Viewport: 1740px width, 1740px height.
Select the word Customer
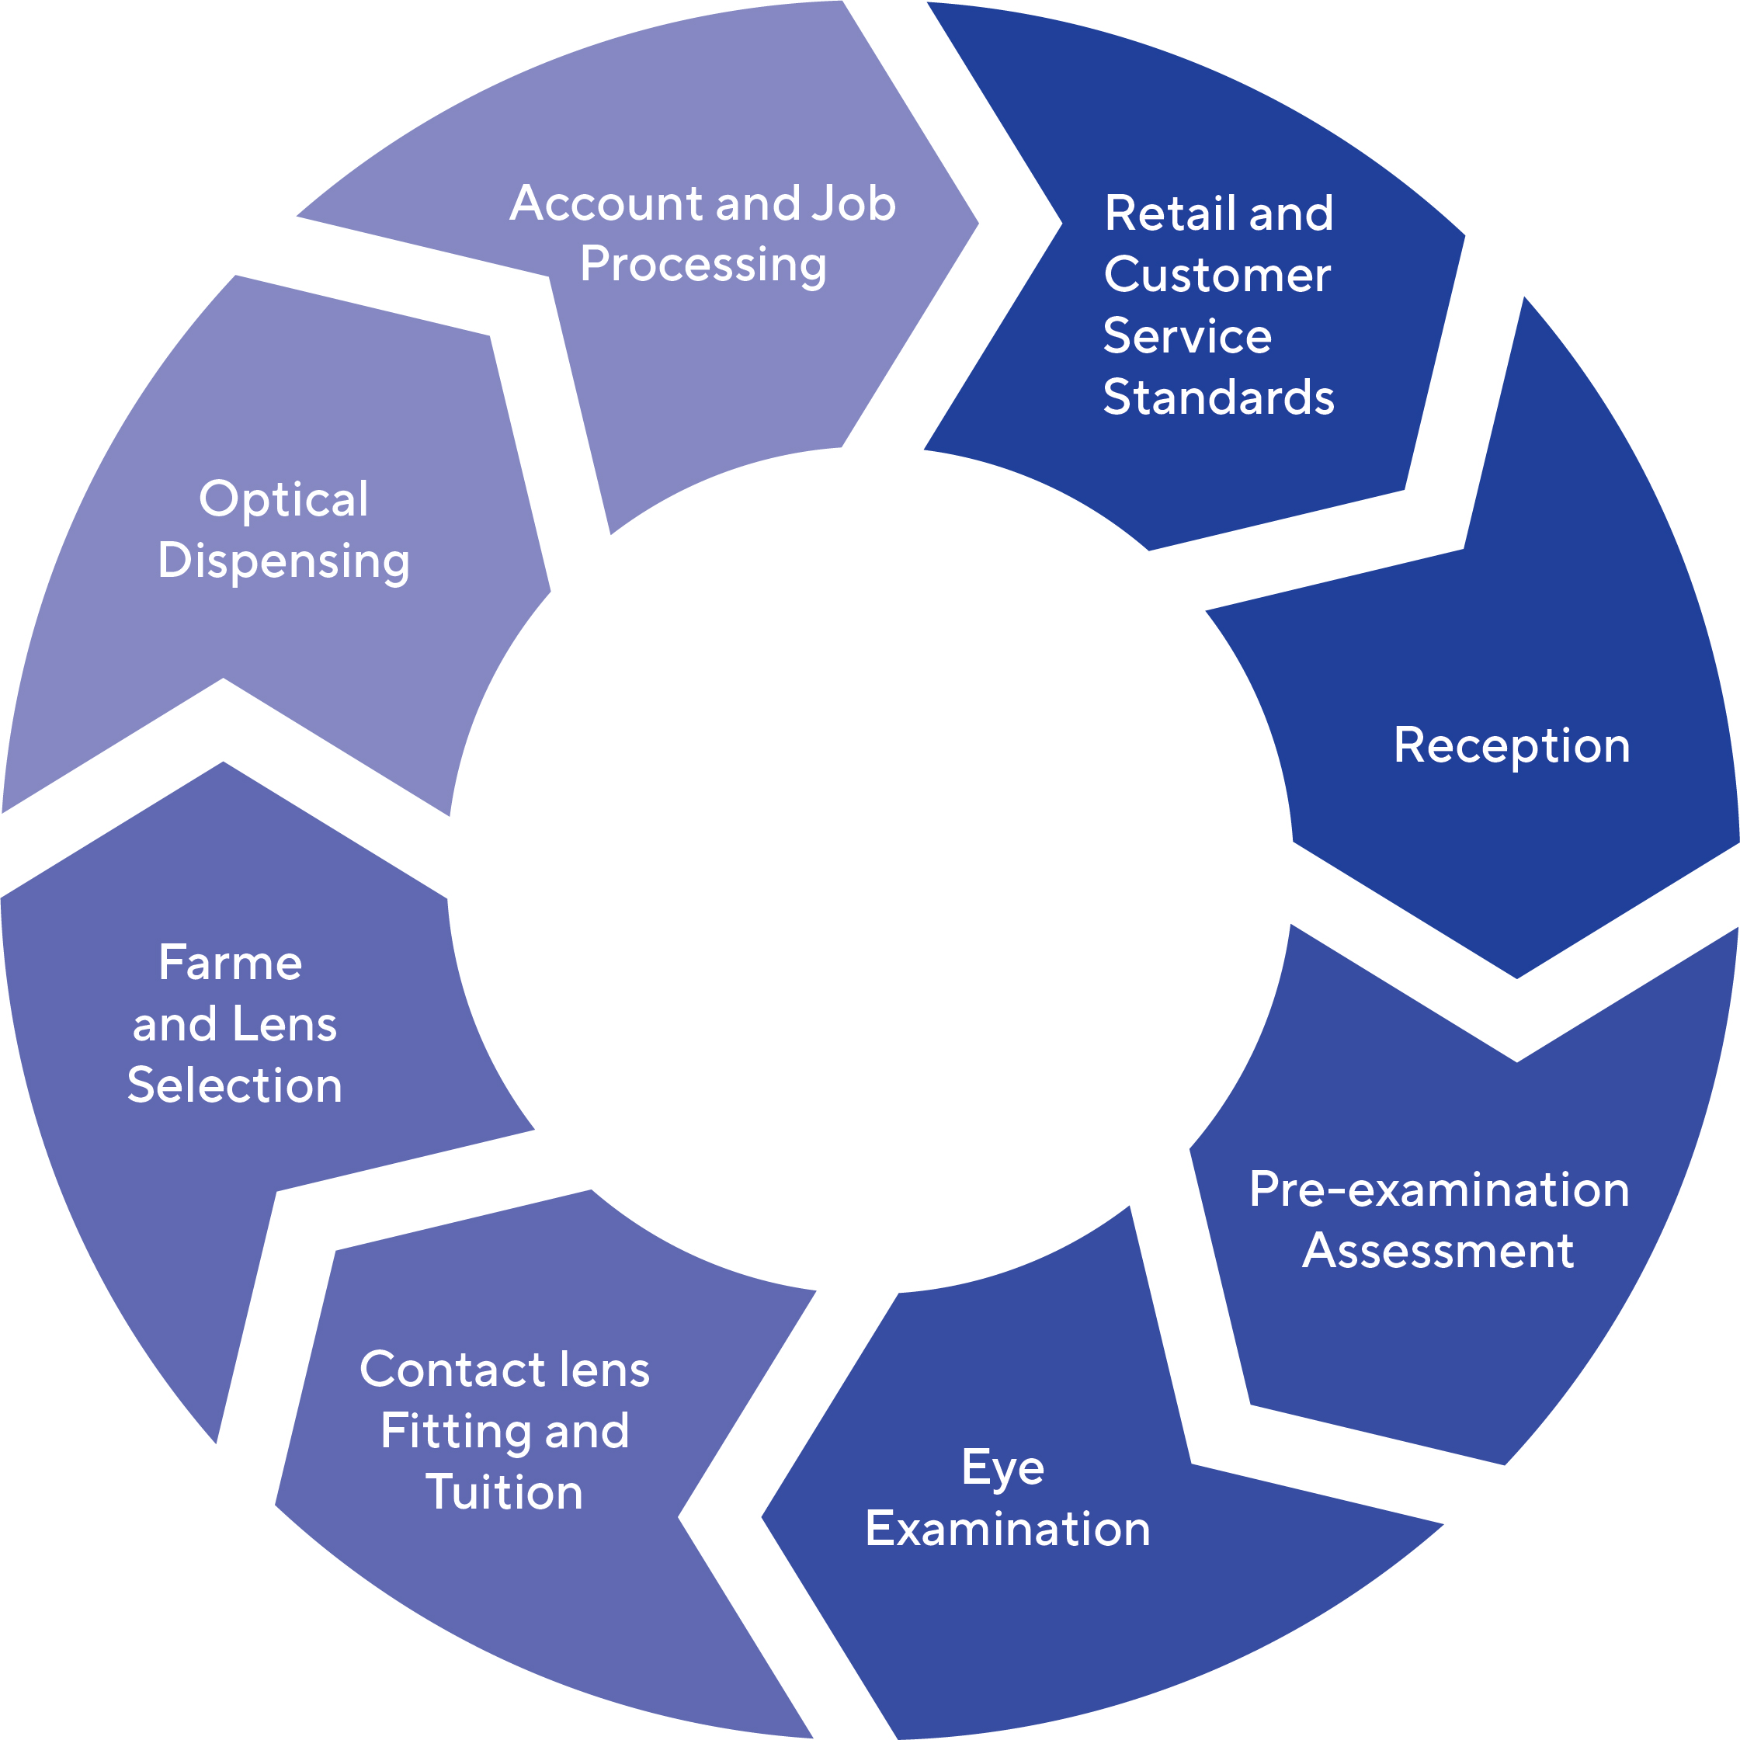click(x=1217, y=275)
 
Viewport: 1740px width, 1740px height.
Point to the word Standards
click(x=1218, y=398)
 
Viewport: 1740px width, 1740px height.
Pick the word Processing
click(x=703, y=265)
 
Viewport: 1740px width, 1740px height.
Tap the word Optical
click(x=283, y=499)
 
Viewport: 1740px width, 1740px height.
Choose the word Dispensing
click(x=283, y=562)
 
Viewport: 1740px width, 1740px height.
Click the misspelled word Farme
click(x=231, y=963)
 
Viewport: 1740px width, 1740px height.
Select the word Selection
click(x=235, y=1085)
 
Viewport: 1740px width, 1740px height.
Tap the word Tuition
click(x=505, y=1492)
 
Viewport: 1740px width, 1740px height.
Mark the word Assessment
click(x=1438, y=1251)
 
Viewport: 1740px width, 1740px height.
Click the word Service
click(x=1187, y=336)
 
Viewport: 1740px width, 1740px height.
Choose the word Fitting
click(x=456, y=1432)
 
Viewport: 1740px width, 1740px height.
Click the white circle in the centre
click(x=870, y=870)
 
